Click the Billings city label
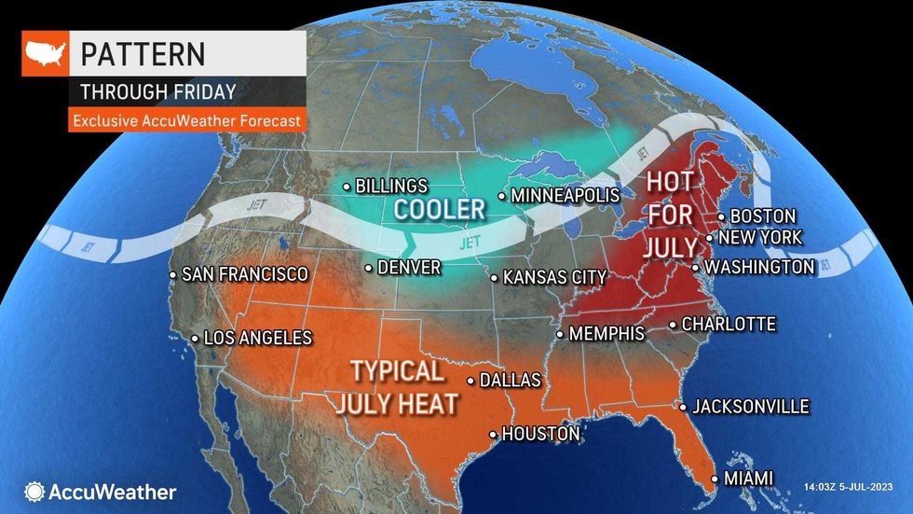[391, 187]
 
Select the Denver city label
[408, 268]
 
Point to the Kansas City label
[554, 277]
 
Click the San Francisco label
[244, 274]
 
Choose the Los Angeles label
[257, 338]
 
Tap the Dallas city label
[510, 381]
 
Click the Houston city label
[540, 434]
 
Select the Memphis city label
[606, 333]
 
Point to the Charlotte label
[729, 325]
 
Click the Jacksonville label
[750, 407]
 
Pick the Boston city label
[762, 216]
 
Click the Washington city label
[759, 267]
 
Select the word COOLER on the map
[439, 209]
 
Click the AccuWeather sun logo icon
[35, 492]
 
